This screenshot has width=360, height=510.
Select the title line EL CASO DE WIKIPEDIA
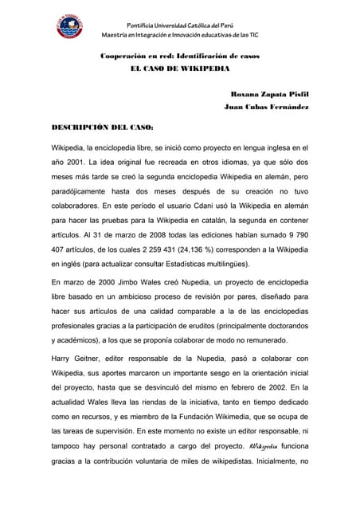[x=179, y=69]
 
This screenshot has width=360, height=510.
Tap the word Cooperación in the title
[x=122, y=57]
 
